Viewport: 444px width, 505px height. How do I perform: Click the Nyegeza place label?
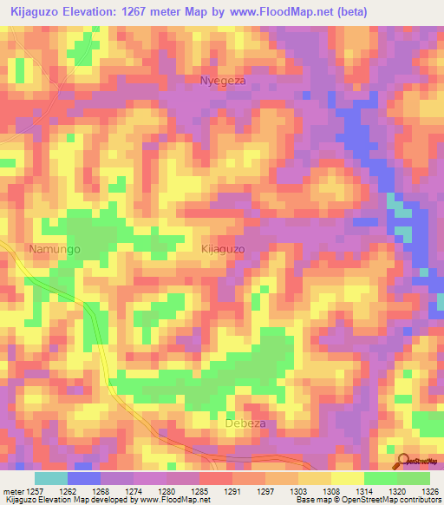(x=223, y=81)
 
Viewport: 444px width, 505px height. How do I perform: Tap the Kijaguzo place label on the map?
(x=223, y=248)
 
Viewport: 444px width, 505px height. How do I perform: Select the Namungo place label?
(x=54, y=249)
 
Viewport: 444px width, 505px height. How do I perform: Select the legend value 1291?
(x=232, y=490)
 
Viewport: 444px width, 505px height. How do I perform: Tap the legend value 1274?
(x=133, y=490)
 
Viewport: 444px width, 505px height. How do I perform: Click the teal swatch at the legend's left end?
(x=51, y=478)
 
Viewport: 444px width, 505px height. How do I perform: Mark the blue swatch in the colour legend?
(x=84, y=478)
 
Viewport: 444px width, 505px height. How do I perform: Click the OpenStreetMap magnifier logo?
(x=403, y=462)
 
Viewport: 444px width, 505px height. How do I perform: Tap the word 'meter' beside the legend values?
(x=12, y=490)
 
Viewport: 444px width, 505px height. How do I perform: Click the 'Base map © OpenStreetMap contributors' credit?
(x=367, y=500)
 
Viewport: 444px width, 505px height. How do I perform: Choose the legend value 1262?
(x=68, y=490)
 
